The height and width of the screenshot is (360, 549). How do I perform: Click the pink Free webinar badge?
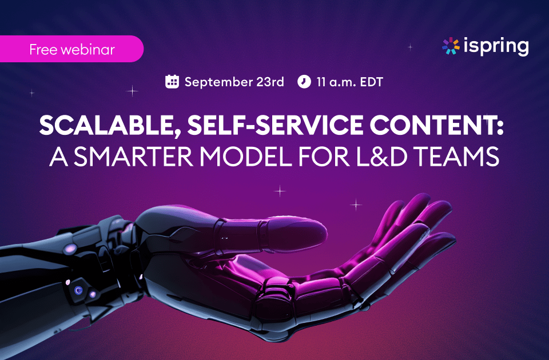[x=71, y=49]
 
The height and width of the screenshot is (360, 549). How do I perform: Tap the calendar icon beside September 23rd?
[x=172, y=82]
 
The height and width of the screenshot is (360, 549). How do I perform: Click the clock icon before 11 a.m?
[x=304, y=82]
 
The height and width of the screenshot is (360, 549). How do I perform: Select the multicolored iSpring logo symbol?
[x=451, y=46]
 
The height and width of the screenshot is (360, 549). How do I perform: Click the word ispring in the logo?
[x=496, y=46]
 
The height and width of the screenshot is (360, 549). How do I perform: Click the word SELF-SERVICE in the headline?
[x=275, y=125]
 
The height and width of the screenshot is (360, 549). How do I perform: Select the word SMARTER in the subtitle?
[x=133, y=157]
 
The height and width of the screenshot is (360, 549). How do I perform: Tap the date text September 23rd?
[x=234, y=82]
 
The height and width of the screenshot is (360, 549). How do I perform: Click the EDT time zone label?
[x=372, y=82]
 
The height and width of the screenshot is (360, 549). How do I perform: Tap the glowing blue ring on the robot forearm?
[x=79, y=290]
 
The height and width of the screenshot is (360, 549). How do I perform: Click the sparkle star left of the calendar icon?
[x=132, y=91]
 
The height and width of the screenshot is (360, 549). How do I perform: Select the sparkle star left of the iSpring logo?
[x=409, y=46]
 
